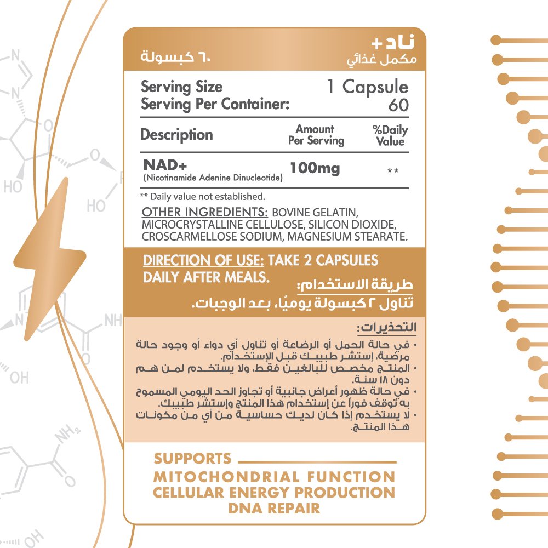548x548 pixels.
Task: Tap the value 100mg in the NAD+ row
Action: pos(315,168)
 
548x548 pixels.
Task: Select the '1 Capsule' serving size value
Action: pos(368,87)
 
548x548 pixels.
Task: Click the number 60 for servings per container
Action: pos(398,105)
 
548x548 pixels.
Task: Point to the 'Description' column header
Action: pos(176,135)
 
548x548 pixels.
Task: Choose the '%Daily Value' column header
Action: pos(390,135)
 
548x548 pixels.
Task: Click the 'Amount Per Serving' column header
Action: pos(316,135)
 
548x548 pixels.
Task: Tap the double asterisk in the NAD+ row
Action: pos(393,171)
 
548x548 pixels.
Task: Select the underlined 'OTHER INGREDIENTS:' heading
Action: pos(205,212)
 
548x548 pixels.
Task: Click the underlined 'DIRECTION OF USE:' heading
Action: pos(203,260)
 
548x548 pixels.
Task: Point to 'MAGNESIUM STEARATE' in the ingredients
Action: pos(347,237)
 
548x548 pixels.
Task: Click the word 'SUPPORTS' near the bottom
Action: pos(192,459)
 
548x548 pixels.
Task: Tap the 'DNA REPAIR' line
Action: pos(274,508)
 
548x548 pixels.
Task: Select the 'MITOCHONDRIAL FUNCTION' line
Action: pos(275,477)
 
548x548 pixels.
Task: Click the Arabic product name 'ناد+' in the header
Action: pos(393,42)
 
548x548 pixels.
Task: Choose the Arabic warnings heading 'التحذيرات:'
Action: pos(386,328)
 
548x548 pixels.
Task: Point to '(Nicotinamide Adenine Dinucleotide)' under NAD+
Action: pos(213,178)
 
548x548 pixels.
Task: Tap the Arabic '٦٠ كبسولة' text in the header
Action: pos(175,56)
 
